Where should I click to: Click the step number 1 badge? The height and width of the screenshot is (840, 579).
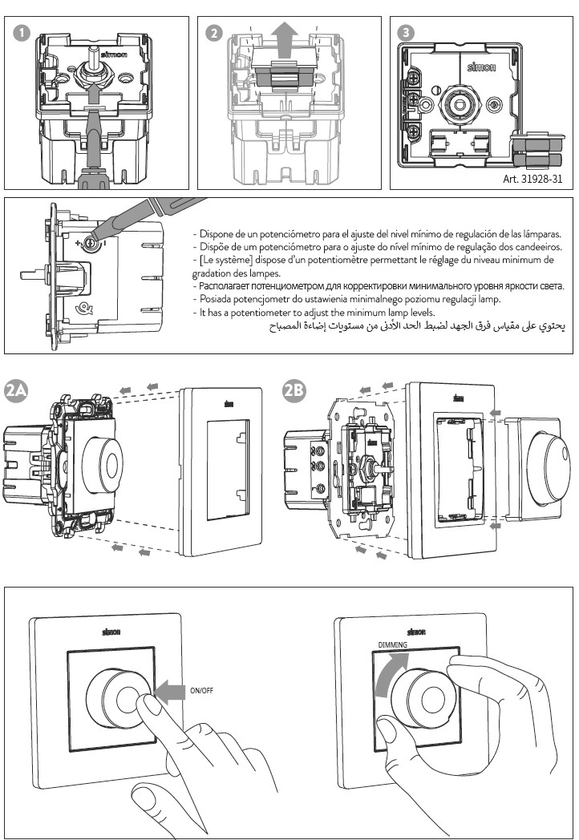22,33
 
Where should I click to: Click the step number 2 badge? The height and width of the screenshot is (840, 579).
214,33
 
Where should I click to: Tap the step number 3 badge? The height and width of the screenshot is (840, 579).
407,33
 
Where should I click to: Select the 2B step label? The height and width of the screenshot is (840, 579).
294,390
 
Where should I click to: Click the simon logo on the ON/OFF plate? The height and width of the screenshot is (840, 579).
111,632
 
